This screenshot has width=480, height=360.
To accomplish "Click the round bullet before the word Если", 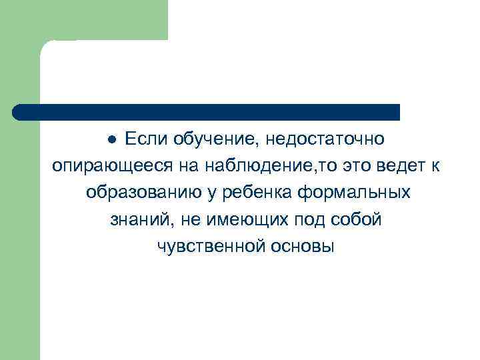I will pos(113,139).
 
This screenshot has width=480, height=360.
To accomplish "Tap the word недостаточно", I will pos(325,139).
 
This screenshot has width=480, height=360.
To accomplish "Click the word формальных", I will pos(354,193).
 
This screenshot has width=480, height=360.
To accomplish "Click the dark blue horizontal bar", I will pos(207,112).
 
